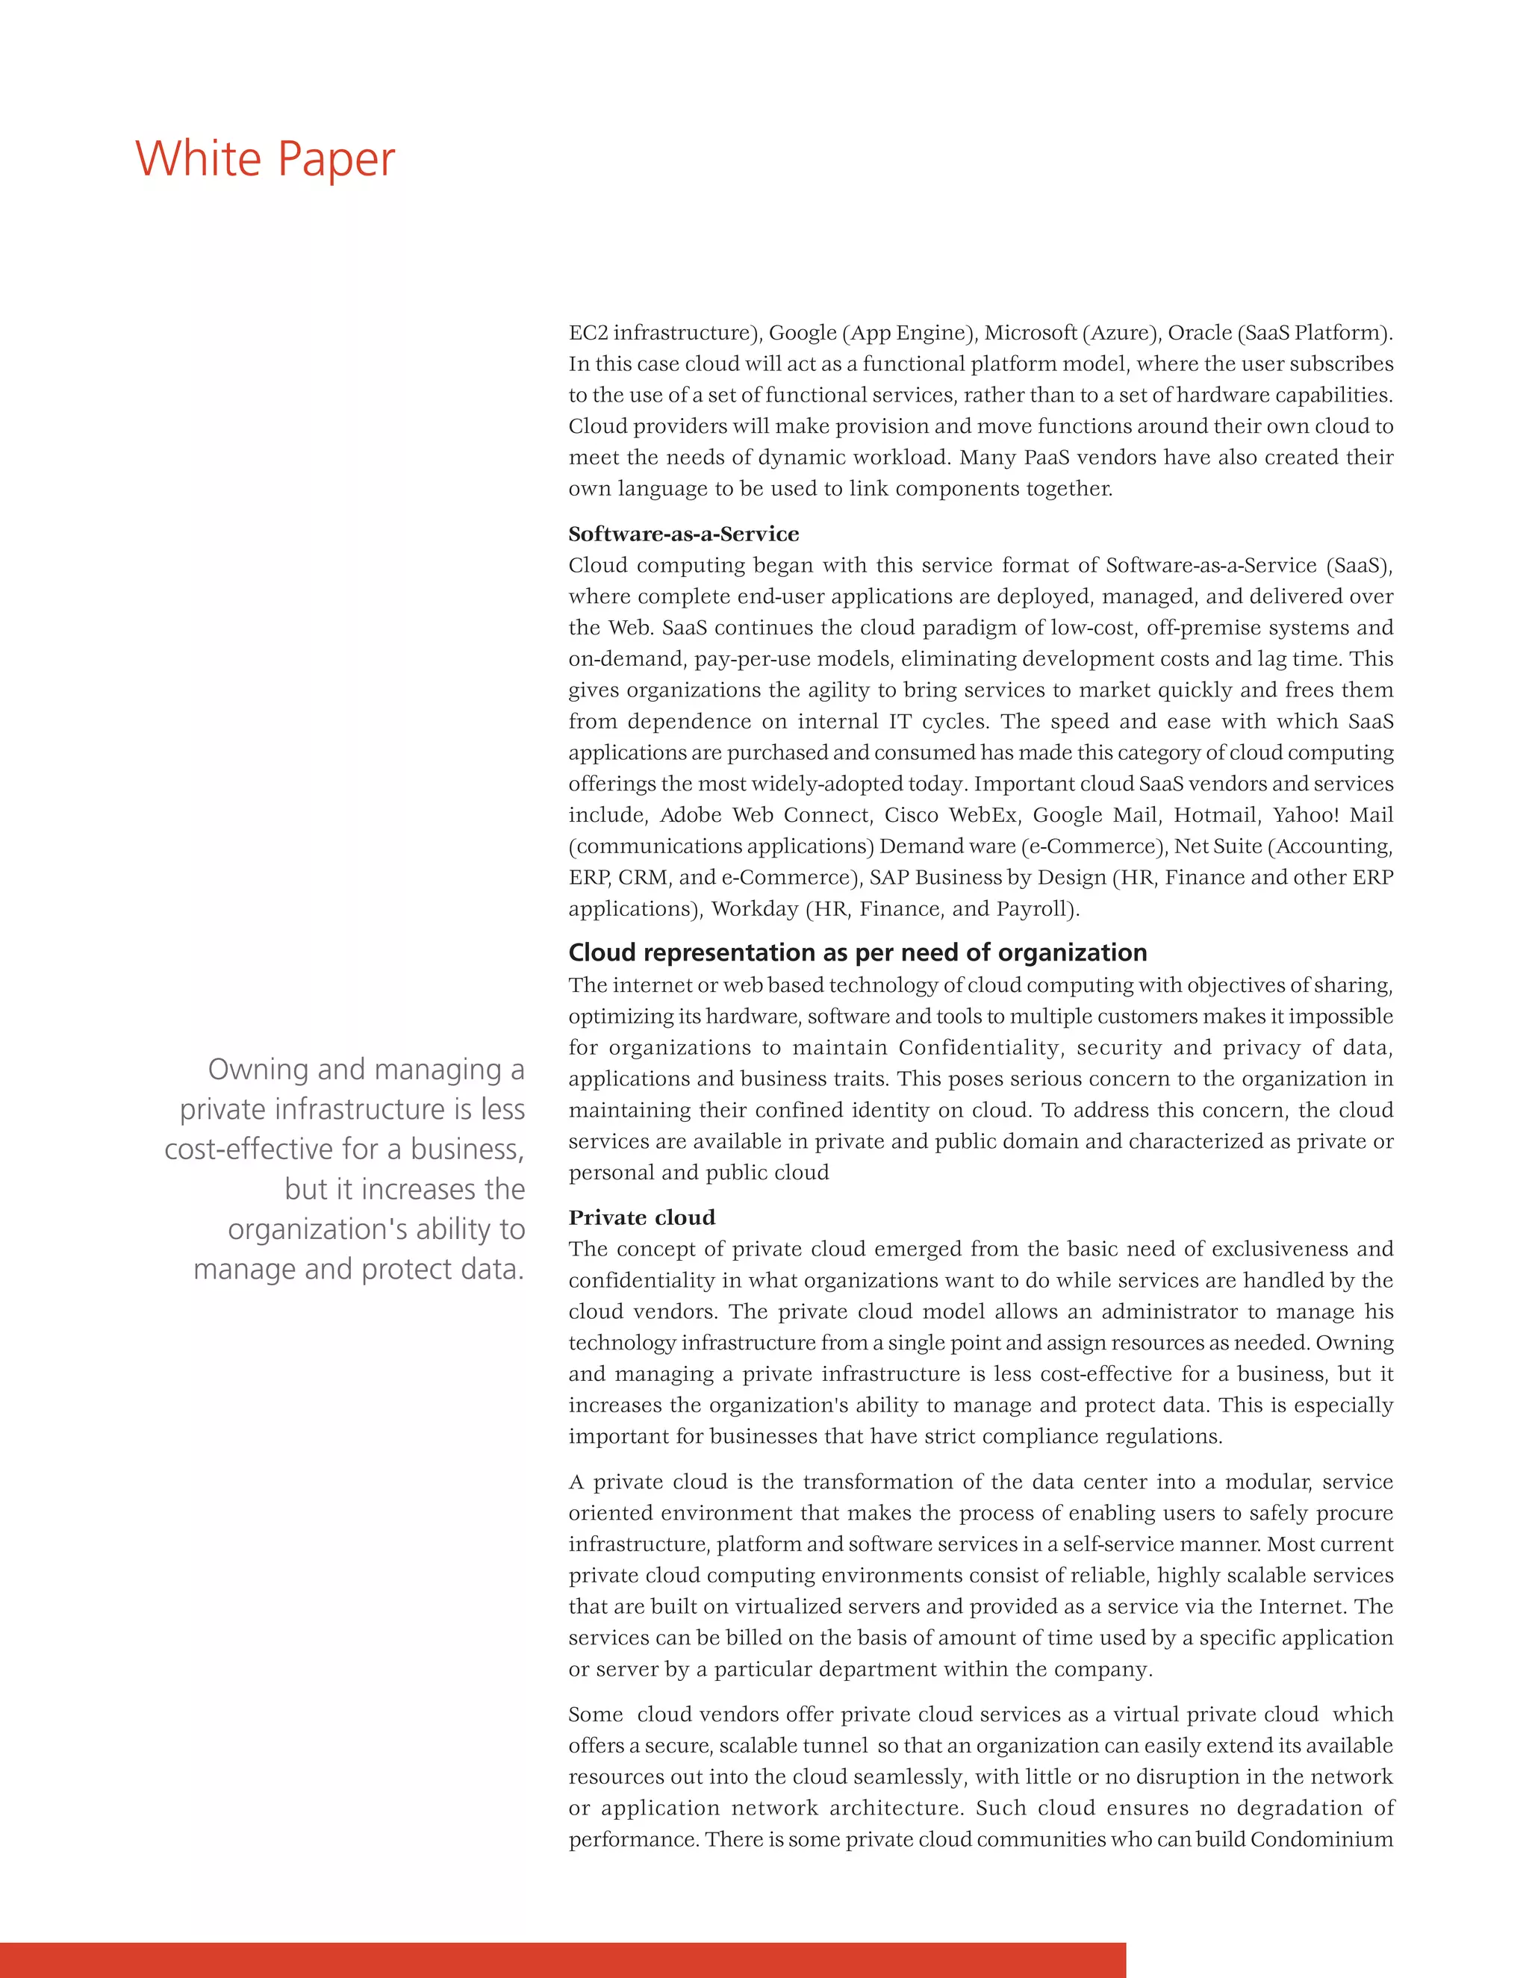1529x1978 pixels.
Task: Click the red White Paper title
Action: coord(264,160)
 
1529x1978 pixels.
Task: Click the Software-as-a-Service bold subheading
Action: coord(683,534)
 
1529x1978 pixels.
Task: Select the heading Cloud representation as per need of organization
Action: coord(857,952)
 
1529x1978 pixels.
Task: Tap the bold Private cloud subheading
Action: coord(641,1217)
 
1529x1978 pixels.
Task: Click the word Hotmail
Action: coord(1213,814)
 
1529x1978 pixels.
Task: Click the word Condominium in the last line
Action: coord(1321,1838)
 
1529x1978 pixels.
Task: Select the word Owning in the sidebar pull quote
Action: coord(259,1069)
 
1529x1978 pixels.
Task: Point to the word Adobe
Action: coord(691,814)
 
